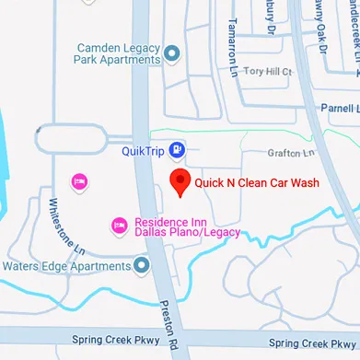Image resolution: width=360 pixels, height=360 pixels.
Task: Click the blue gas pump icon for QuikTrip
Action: [177, 150]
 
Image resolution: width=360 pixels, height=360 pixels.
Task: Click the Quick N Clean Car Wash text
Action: [257, 183]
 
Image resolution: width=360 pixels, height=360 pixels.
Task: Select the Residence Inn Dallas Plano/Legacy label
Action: [187, 226]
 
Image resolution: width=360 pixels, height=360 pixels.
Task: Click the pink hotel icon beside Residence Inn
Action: [119, 225]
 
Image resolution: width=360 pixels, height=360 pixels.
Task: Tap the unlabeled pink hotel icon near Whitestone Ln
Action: [79, 180]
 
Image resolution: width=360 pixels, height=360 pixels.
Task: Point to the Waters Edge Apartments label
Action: [66, 267]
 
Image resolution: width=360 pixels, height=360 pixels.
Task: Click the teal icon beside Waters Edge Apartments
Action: [141, 266]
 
